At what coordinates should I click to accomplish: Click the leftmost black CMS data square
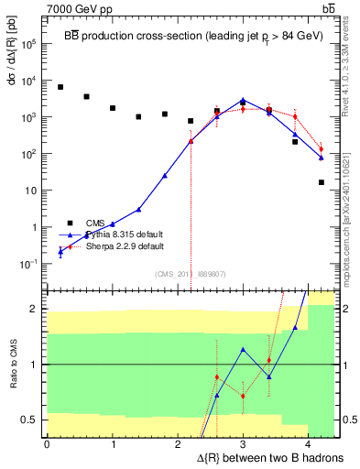(x=60, y=87)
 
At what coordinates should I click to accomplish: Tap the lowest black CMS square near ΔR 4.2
(x=321, y=182)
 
